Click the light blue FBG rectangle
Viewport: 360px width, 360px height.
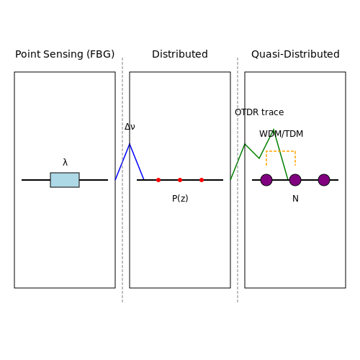tap(65, 180)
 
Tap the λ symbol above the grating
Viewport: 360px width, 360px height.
tap(65, 162)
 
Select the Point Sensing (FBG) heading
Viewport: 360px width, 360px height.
tap(65, 54)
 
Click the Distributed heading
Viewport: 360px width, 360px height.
tap(180, 54)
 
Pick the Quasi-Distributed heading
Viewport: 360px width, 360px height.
tap(295, 54)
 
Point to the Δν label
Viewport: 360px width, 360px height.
tap(130, 127)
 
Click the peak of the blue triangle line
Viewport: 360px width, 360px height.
tap(130, 144)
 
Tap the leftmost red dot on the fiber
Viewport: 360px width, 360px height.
tap(158, 180)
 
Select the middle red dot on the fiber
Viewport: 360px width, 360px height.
tap(180, 180)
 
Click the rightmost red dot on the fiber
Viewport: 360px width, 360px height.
tap(202, 180)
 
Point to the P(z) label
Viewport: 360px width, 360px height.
tap(180, 199)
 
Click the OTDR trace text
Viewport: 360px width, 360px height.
tap(259, 112)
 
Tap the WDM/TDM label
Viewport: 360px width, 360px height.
tap(281, 134)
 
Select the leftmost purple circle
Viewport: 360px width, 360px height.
tap(266, 180)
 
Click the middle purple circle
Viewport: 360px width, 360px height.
tap(295, 180)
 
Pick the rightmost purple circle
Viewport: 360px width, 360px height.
tap(324, 180)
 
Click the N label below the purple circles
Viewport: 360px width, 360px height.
tap(295, 199)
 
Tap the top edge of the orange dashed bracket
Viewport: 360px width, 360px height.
tap(281, 151)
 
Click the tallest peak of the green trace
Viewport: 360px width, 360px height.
tap(274, 130)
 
